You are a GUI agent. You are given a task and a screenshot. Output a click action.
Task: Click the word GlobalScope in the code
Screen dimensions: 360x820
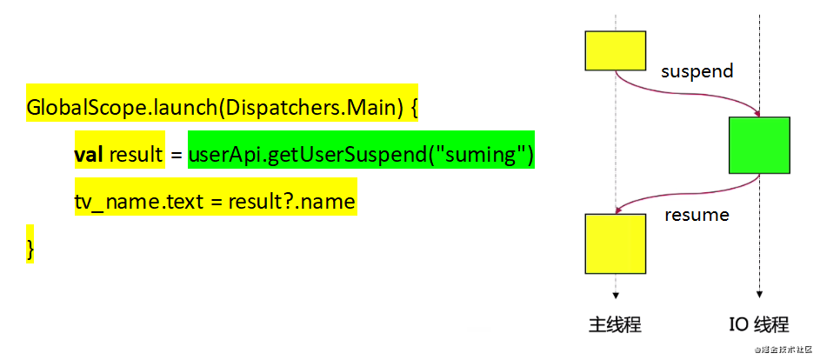click(x=83, y=109)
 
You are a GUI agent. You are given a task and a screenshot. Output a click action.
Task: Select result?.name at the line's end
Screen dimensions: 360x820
click(x=292, y=203)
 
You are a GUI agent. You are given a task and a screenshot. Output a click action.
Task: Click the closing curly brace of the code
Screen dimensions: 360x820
click(x=30, y=248)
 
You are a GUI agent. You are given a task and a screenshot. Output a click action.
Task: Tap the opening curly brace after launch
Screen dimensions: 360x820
click(x=413, y=109)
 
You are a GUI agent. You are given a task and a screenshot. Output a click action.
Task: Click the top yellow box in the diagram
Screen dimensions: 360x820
click(x=616, y=51)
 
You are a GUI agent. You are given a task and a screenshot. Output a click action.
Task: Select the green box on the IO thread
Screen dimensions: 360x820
click(x=760, y=145)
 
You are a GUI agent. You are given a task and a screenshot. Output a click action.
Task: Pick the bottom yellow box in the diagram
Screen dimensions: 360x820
click(x=616, y=243)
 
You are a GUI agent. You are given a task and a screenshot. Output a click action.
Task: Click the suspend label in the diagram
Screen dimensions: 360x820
click(x=697, y=70)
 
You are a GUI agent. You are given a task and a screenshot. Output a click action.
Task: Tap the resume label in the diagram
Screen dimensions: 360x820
click(x=697, y=213)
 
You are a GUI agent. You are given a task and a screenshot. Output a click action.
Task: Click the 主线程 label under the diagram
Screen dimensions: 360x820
click(x=615, y=325)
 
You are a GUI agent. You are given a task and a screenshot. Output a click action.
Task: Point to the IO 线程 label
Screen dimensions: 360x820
click(x=759, y=325)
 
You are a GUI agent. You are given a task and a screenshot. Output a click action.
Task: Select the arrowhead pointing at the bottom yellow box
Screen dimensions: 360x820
click(x=618, y=210)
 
